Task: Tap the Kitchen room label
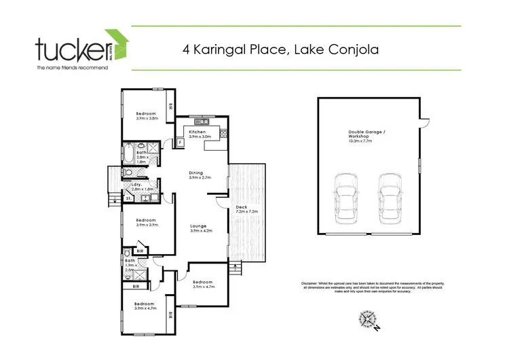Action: pyautogui.click(x=197, y=132)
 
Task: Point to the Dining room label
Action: pyautogui.click(x=196, y=173)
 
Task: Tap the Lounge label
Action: pyautogui.click(x=198, y=226)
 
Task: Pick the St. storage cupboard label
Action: pyautogui.click(x=118, y=199)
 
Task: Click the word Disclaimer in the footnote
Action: pyautogui.click(x=313, y=283)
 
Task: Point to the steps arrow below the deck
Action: pyautogui.click(x=235, y=268)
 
